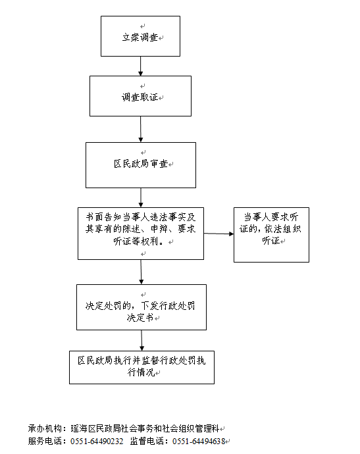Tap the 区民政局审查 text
pos(141,164)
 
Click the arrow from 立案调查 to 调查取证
pos(140,66)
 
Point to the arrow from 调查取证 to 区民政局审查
pos(140,130)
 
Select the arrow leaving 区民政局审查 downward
pos(141,198)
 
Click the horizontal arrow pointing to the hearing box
pos(219,234)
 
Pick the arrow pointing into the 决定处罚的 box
pos(141,272)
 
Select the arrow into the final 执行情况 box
pos(141,341)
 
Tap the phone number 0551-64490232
pos(97,441)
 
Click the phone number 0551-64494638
pos(199,441)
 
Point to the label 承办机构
pos(45,428)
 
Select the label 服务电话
pos(45,441)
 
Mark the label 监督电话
pos(147,441)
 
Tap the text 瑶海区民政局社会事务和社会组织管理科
pos(145,428)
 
